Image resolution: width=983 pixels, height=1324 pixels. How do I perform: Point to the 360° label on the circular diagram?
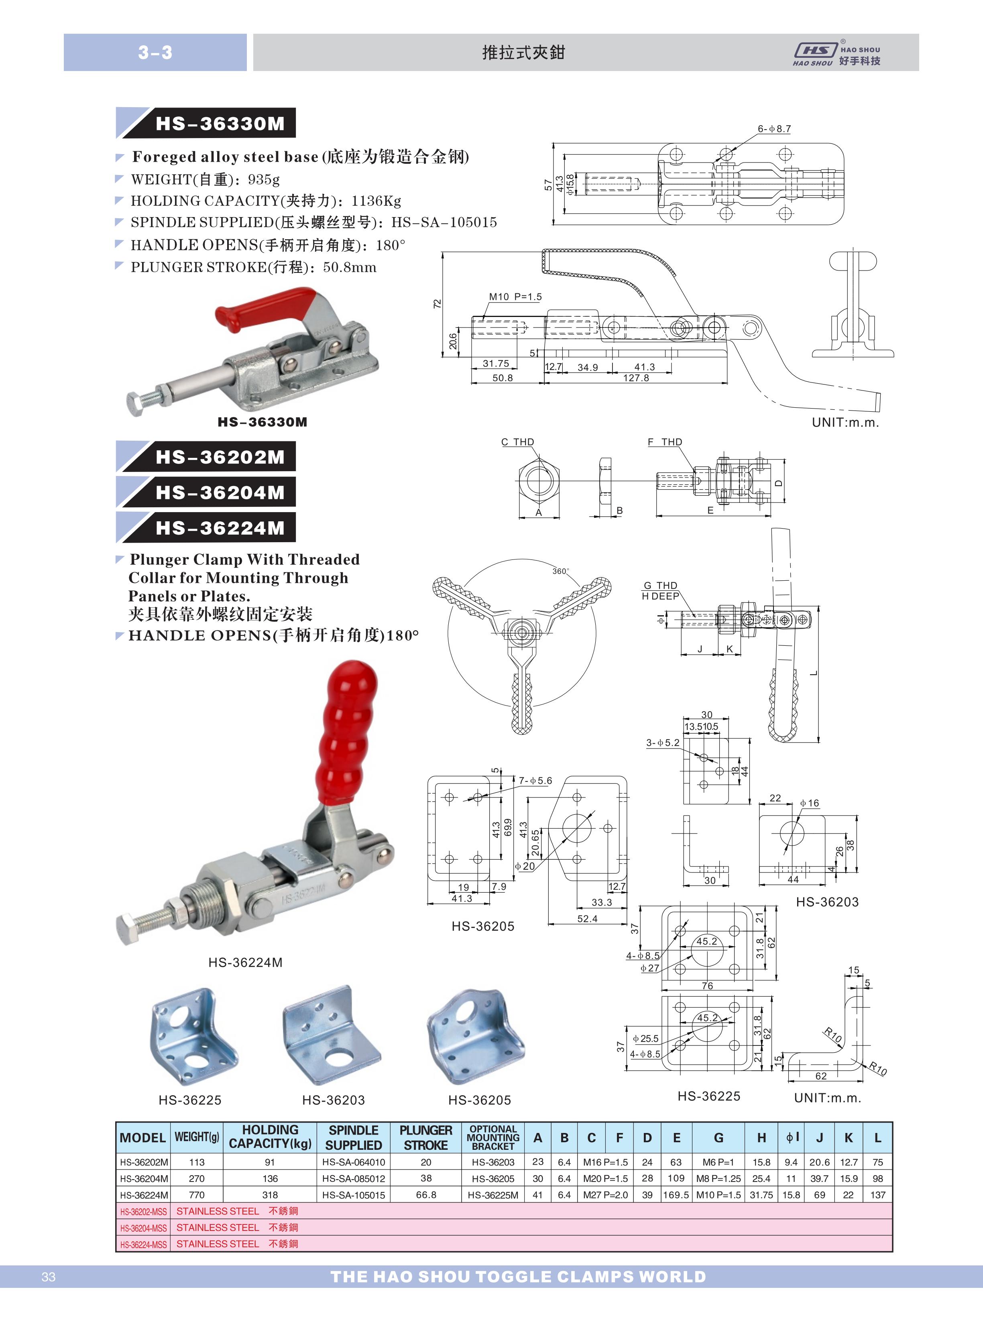560,571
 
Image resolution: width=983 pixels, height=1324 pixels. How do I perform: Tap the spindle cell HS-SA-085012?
354,1178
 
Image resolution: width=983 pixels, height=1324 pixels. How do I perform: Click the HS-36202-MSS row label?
143,1212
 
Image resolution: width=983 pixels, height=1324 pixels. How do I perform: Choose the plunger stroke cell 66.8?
426,1195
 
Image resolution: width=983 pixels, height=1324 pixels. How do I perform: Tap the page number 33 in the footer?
49,1277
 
